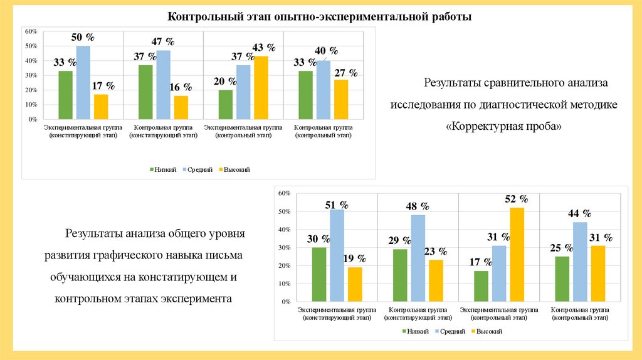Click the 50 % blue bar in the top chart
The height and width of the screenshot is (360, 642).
tap(83, 82)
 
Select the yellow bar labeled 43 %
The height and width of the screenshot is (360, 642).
tap(261, 87)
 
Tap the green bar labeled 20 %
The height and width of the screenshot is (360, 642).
tap(226, 104)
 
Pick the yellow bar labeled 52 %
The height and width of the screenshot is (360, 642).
tap(517, 254)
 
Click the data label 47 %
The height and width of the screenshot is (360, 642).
tap(163, 42)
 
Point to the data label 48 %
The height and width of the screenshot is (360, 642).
tap(418, 206)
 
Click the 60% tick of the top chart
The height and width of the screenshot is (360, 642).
tap(31, 31)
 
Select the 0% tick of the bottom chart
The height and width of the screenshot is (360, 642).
tap(286, 302)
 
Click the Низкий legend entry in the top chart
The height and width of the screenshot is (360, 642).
tap(164, 169)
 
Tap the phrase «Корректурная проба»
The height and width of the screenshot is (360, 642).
tap(504, 126)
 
